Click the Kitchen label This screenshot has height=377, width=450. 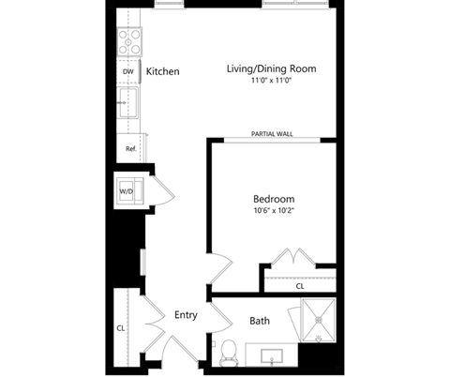(x=163, y=71)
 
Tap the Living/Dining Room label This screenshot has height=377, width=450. (x=271, y=68)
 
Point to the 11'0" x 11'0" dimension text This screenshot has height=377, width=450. (x=271, y=81)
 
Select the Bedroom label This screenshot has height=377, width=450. (x=274, y=199)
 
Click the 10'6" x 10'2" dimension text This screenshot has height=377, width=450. (x=274, y=210)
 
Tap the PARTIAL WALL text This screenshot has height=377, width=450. (x=272, y=134)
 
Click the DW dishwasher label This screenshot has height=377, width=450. (x=127, y=71)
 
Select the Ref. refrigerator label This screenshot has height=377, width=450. (x=131, y=149)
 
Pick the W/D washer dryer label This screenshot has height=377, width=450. (x=126, y=191)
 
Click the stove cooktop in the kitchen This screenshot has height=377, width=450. (x=129, y=42)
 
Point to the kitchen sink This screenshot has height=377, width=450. (x=128, y=102)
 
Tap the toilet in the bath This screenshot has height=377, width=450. (x=229, y=354)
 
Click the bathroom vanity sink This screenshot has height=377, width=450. (x=272, y=357)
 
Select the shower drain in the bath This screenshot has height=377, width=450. (x=319, y=320)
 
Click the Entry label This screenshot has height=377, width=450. (x=186, y=315)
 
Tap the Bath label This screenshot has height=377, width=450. (x=260, y=321)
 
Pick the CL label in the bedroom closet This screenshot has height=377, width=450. (x=300, y=286)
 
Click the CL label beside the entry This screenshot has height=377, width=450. (x=121, y=328)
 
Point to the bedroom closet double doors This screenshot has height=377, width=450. (x=293, y=257)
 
